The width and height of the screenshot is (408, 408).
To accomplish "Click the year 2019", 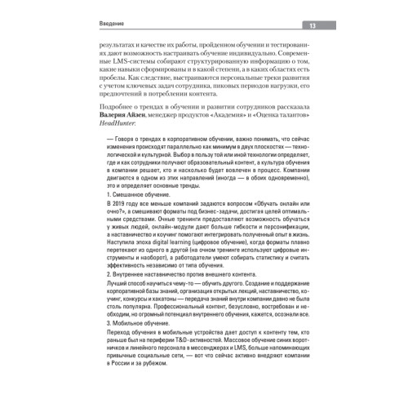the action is (x=125, y=224).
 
